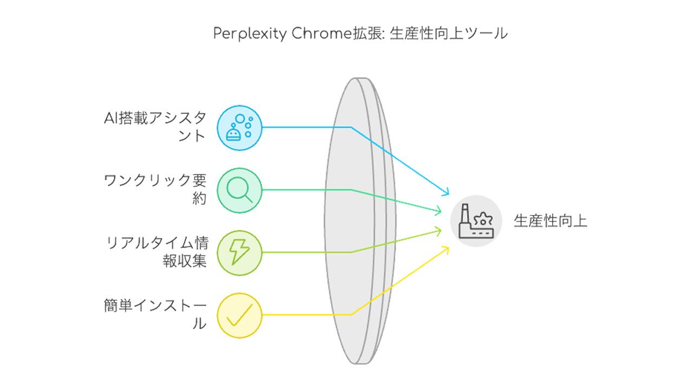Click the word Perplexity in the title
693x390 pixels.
pos(250,34)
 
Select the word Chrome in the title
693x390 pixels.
pos(322,33)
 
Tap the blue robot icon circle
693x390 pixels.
pos(239,128)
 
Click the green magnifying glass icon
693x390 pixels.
pos(239,190)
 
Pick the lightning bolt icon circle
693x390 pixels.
pos(239,253)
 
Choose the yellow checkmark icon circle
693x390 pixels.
pos(239,315)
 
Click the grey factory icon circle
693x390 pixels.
pos(476,221)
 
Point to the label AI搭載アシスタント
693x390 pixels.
pos(155,127)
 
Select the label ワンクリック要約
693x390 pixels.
pos(155,190)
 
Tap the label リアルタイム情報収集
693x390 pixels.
pos(157,252)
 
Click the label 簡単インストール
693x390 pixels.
pos(155,315)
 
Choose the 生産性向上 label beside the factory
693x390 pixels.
pos(551,221)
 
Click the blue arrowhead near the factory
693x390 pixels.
pos(446,192)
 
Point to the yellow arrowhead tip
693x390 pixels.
pos(449,246)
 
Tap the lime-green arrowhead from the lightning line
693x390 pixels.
pos(438,231)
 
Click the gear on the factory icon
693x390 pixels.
pos(483,219)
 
